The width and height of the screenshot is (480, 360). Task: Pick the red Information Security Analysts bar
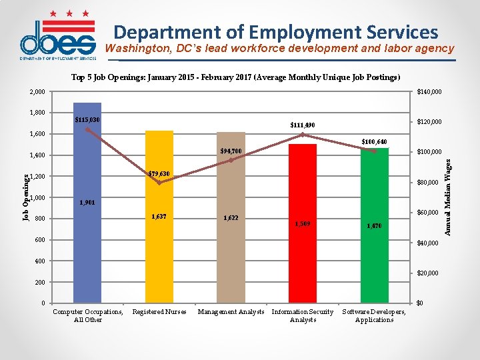pyautogui.click(x=303, y=267)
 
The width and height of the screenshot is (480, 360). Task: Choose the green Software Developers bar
pyautogui.click(x=374, y=267)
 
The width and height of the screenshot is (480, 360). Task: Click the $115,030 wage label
pyautogui.click(x=87, y=120)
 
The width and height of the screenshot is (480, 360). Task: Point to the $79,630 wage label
pyautogui.click(x=159, y=174)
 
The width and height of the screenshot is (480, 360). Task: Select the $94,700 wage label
pyautogui.click(x=231, y=151)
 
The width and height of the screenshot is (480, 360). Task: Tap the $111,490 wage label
pyautogui.click(x=303, y=125)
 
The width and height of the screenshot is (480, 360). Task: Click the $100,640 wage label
pyautogui.click(x=374, y=141)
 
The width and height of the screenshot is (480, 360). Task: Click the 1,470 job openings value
pyautogui.click(x=374, y=226)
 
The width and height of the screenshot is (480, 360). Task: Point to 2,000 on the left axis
pyautogui.click(x=37, y=92)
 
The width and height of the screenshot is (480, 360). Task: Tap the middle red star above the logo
pyautogui.click(x=69, y=13)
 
